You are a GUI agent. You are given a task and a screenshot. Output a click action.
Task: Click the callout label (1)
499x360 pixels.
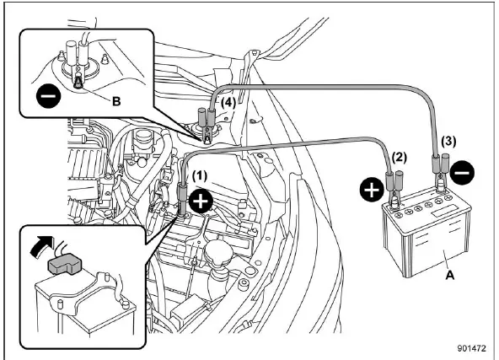coord(199,175)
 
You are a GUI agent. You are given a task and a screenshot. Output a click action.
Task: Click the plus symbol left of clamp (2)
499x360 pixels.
coord(372,190)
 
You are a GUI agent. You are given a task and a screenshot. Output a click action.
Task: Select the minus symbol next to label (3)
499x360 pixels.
coord(463,172)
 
